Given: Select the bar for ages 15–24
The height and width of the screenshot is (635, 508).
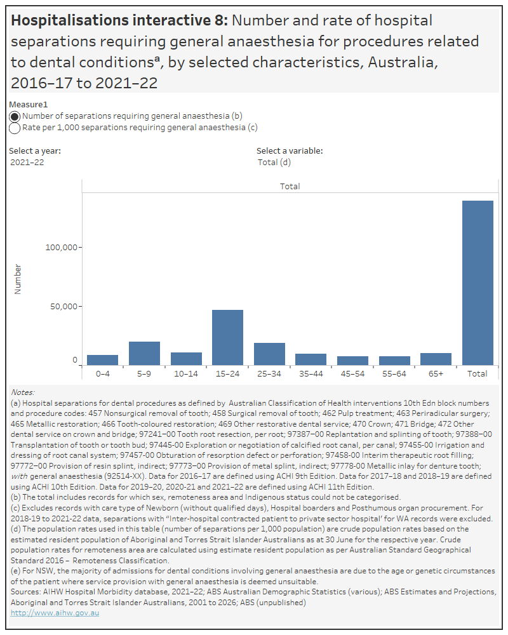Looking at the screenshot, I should [227, 337].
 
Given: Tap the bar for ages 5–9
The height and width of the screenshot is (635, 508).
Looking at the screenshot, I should [144, 353].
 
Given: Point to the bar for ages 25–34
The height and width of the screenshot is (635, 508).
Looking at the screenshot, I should [269, 354].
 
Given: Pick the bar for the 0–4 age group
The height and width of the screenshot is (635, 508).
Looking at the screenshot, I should [102, 359].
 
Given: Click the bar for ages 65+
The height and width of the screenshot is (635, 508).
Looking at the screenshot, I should [436, 359].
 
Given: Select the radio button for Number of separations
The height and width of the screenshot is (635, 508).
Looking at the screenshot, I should [15, 116].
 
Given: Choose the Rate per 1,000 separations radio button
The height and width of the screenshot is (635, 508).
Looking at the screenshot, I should [15, 128].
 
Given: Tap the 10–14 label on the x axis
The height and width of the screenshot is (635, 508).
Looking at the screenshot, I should [185, 374].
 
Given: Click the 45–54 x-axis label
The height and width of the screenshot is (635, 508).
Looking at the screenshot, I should [352, 374].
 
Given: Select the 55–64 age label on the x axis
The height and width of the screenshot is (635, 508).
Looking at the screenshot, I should [394, 374].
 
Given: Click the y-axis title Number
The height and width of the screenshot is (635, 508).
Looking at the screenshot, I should [18, 278].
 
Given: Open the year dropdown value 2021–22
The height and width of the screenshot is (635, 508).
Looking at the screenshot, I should [27, 162].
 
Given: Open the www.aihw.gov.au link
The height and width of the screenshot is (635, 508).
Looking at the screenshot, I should [55, 613].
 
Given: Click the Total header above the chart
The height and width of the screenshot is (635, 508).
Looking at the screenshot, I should [290, 187].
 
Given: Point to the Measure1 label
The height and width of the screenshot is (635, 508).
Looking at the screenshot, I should [29, 104].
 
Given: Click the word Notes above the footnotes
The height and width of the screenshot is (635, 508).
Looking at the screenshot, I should [23, 393].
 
